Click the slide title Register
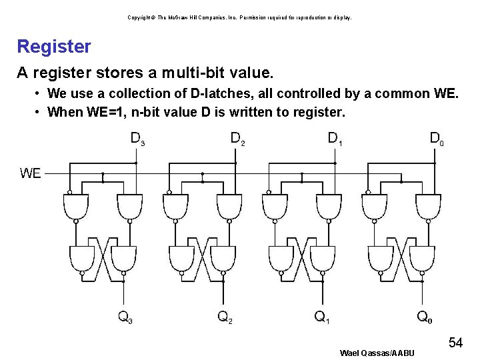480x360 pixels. (54, 47)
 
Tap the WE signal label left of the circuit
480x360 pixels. (31, 173)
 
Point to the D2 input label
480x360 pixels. (237, 139)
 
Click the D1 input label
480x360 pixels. (336, 139)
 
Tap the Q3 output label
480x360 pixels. (125, 317)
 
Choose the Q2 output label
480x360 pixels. (225, 317)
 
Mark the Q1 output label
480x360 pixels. (323, 317)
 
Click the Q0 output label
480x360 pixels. (424, 317)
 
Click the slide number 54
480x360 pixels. (455, 343)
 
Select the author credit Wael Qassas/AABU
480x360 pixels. (377, 353)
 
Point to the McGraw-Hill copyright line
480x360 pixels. (239, 17)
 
